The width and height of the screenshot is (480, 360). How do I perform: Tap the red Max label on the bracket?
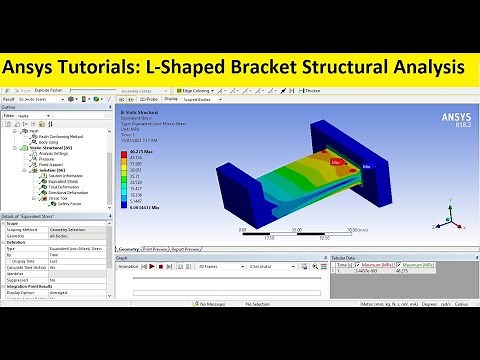338,159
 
